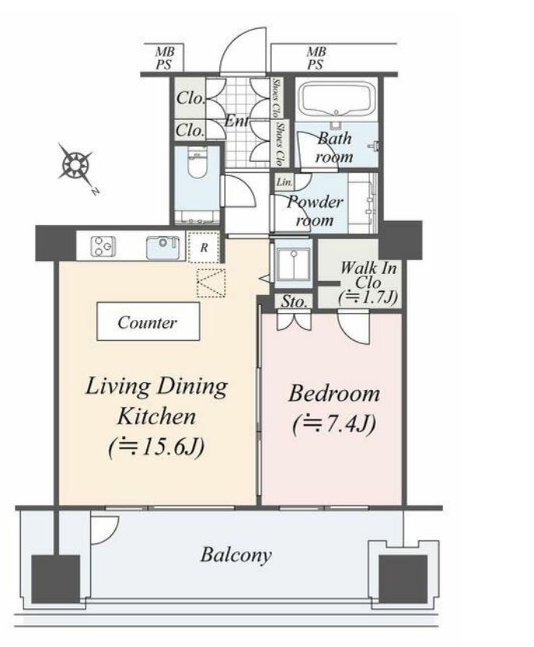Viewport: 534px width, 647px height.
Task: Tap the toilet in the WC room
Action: [x=197, y=164]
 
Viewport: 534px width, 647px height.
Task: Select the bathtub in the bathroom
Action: [x=337, y=100]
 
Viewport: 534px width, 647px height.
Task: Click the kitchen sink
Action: [x=163, y=247]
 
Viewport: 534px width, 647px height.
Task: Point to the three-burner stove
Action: [x=103, y=246]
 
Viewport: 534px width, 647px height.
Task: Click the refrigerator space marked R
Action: [x=204, y=248]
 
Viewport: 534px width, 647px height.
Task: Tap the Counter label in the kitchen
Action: [x=147, y=322]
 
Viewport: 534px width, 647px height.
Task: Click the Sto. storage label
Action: [x=293, y=301]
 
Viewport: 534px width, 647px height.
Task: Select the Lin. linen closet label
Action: [x=284, y=181]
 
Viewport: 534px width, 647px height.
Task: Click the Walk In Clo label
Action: [x=368, y=275]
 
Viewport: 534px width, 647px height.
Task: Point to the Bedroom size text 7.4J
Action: [x=334, y=424]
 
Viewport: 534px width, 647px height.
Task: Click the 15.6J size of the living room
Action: [x=156, y=446]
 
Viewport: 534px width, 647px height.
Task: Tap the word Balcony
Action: [x=236, y=554]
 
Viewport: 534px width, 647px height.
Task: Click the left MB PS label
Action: [x=165, y=58]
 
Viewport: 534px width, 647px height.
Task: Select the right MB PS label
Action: [x=316, y=58]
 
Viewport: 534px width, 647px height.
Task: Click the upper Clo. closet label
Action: [x=190, y=98]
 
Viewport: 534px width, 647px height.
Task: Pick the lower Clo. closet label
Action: [x=190, y=130]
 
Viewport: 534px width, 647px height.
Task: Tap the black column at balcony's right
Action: [x=403, y=579]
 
